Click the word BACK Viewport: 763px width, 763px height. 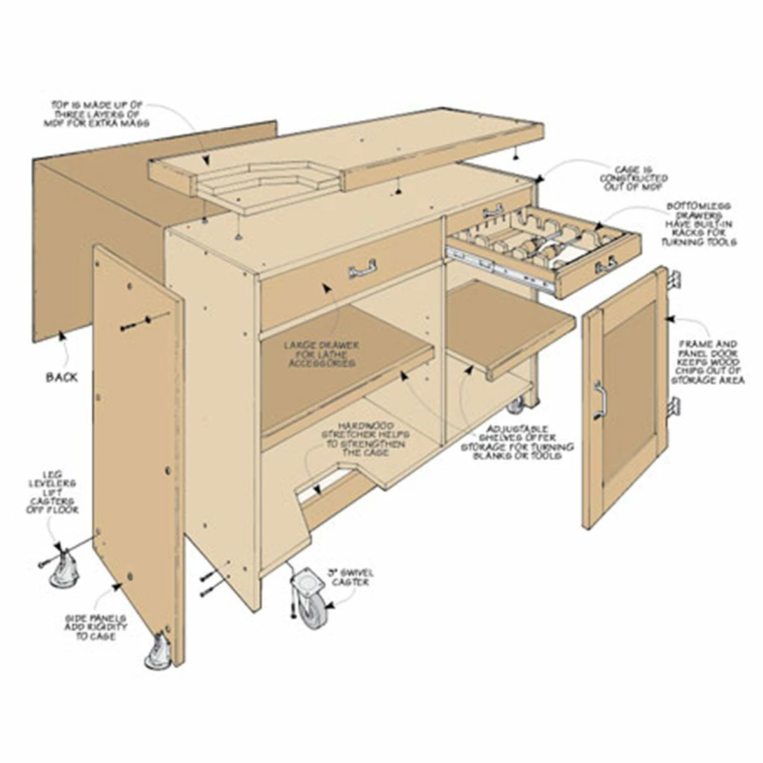click(62, 377)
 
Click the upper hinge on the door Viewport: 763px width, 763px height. click(675, 277)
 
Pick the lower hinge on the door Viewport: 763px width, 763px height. click(675, 405)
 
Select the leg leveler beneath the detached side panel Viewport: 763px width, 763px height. click(157, 654)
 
